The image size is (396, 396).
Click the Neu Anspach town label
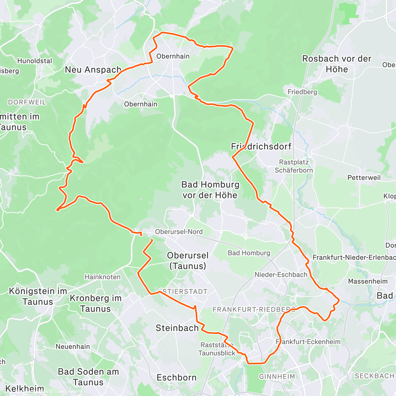coord(93,70)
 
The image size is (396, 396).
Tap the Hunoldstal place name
coord(35,61)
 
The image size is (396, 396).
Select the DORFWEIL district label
coord(27,102)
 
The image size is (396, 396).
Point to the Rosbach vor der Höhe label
coord(337,64)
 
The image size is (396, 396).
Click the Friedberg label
coord(302,92)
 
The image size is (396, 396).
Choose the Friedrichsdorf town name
coord(261,147)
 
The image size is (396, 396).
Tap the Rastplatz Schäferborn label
coord(294,166)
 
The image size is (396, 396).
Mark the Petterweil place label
coord(364,178)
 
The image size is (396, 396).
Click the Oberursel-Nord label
coord(179,232)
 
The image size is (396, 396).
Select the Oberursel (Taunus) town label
coord(188,261)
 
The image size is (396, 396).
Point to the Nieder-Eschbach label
coord(281,275)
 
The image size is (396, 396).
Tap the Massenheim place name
coord(368,281)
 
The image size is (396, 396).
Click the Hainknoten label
coord(103,277)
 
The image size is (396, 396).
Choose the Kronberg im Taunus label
coord(95,304)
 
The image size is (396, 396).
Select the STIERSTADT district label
coord(185,292)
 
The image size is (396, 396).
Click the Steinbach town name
coord(177,328)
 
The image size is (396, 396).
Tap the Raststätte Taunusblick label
coord(217,349)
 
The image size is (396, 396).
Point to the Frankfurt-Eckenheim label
coord(308,342)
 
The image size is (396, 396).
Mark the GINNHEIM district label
coord(277,377)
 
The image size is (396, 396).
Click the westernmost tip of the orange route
coord(57,210)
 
